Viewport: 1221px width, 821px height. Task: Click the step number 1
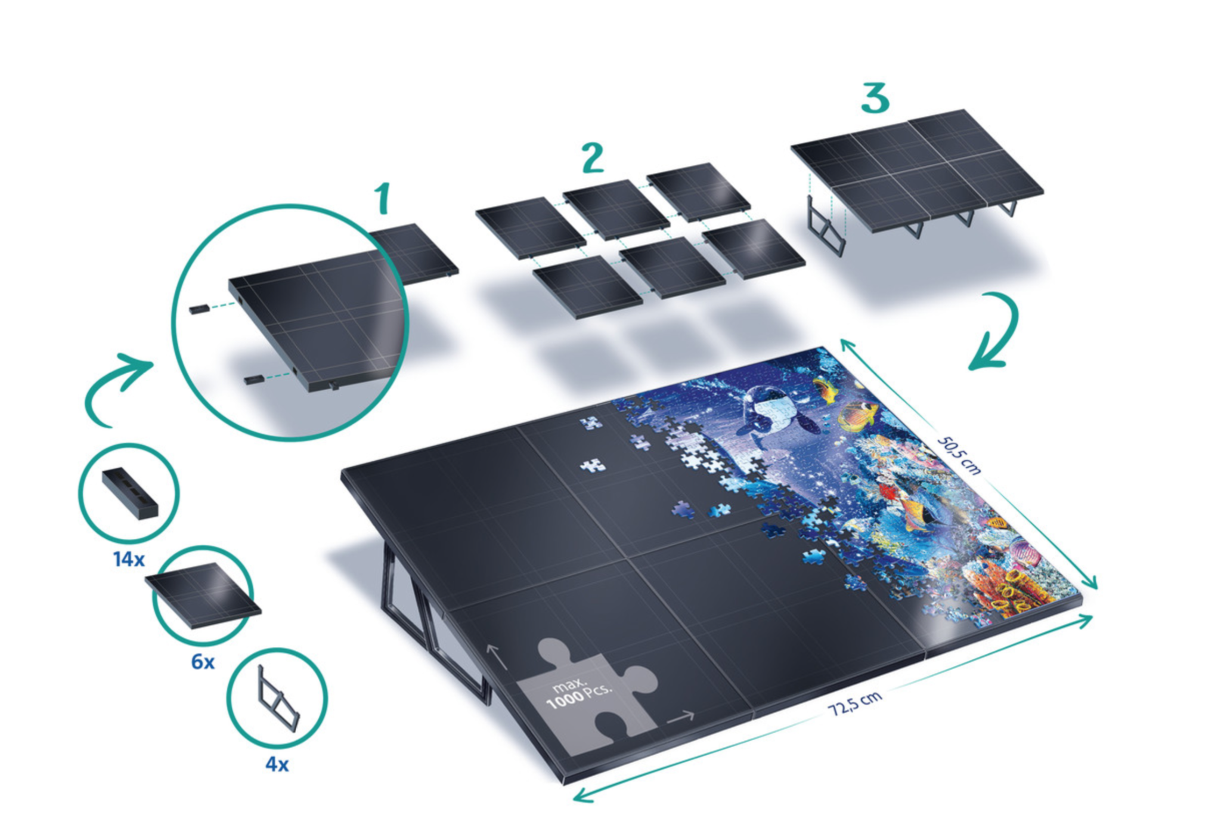pos(383,198)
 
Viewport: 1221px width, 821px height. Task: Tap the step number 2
pos(592,158)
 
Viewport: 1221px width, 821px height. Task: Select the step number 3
pos(875,98)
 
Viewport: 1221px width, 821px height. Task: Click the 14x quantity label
pos(129,560)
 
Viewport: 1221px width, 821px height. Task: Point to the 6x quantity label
pos(203,662)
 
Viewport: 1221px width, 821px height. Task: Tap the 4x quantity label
pos(277,764)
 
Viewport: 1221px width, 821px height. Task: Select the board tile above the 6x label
pos(203,595)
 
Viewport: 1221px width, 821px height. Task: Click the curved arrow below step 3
pos(994,331)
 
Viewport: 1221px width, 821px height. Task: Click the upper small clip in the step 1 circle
pos(198,308)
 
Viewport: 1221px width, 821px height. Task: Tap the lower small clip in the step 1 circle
pos(255,379)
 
